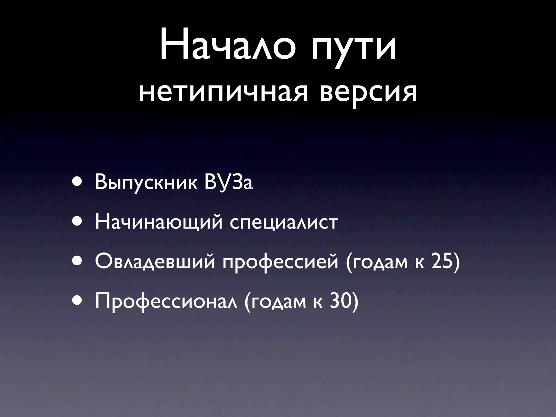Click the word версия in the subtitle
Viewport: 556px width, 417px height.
pos(368,92)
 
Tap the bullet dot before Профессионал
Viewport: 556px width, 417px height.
pos(77,302)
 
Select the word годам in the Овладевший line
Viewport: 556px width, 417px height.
pos(380,263)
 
